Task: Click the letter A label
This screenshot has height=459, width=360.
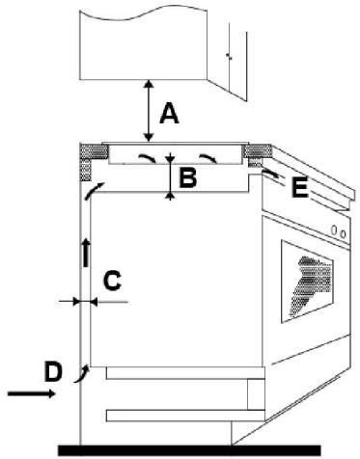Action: (x=170, y=114)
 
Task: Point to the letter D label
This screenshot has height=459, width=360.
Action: (x=54, y=369)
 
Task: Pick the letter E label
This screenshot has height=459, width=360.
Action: (x=298, y=188)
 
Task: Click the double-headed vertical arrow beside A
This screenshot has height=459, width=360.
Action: (x=148, y=111)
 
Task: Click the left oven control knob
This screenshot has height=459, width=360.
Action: (x=334, y=230)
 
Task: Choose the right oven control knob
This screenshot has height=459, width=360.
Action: (x=344, y=232)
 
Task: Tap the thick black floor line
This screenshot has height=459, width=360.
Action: (x=188, y=448)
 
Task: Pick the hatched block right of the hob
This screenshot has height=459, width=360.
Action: (x=256, y=152)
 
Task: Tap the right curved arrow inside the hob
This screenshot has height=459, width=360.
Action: (x=206, y=157)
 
